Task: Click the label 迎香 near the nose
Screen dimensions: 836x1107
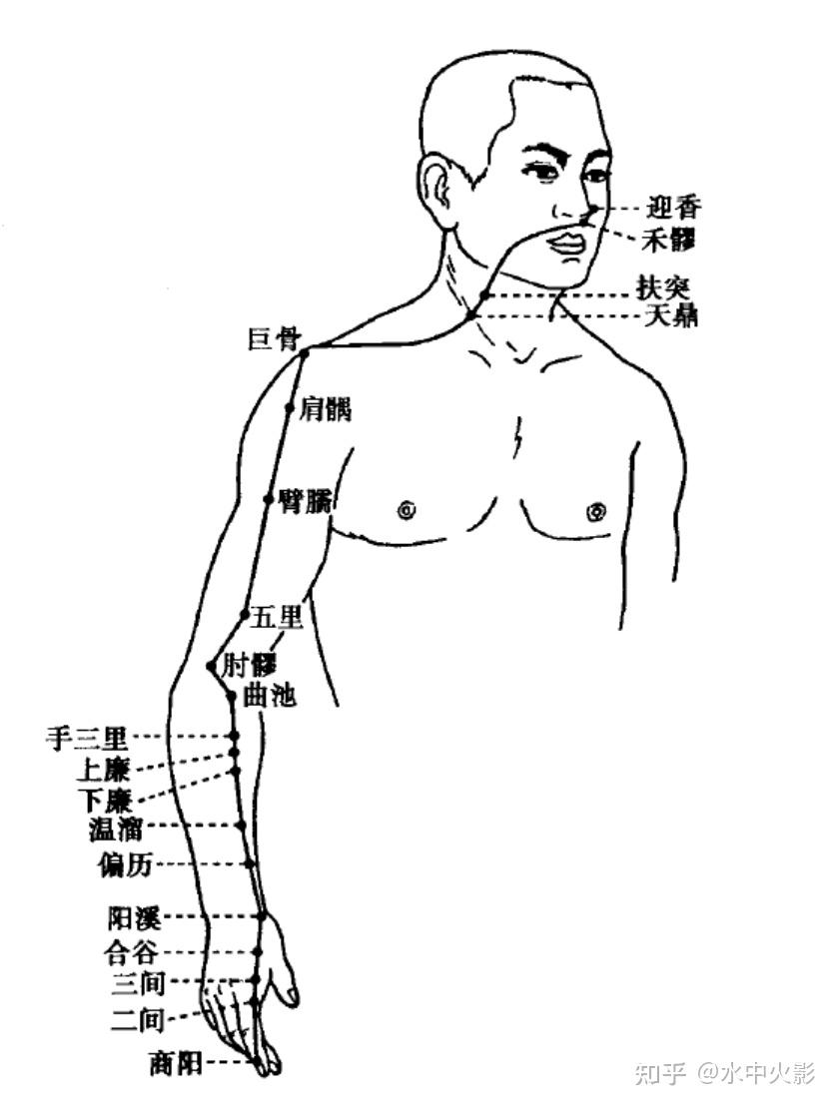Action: pyautogui.click(x=675, y=209)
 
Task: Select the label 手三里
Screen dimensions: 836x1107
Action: pyautogui.click(x=87, y=739)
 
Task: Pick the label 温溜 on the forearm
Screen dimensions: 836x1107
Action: pyautogui.click(x=117, y=829)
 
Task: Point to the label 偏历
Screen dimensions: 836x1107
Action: pyautogui.click(x=125, y=864)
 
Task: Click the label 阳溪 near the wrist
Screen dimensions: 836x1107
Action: pyautogui.click(x=133, y=917)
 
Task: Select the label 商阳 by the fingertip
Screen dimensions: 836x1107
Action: pyautogui.click(x=175, y=1065)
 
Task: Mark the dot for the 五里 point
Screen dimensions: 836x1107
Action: pyautogui.click(x=245, y=614)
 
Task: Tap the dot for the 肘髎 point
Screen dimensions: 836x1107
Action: pyautogui.click(x=211, y=665)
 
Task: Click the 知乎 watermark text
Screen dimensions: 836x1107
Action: pyautogui.click(x=661, y=1074)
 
